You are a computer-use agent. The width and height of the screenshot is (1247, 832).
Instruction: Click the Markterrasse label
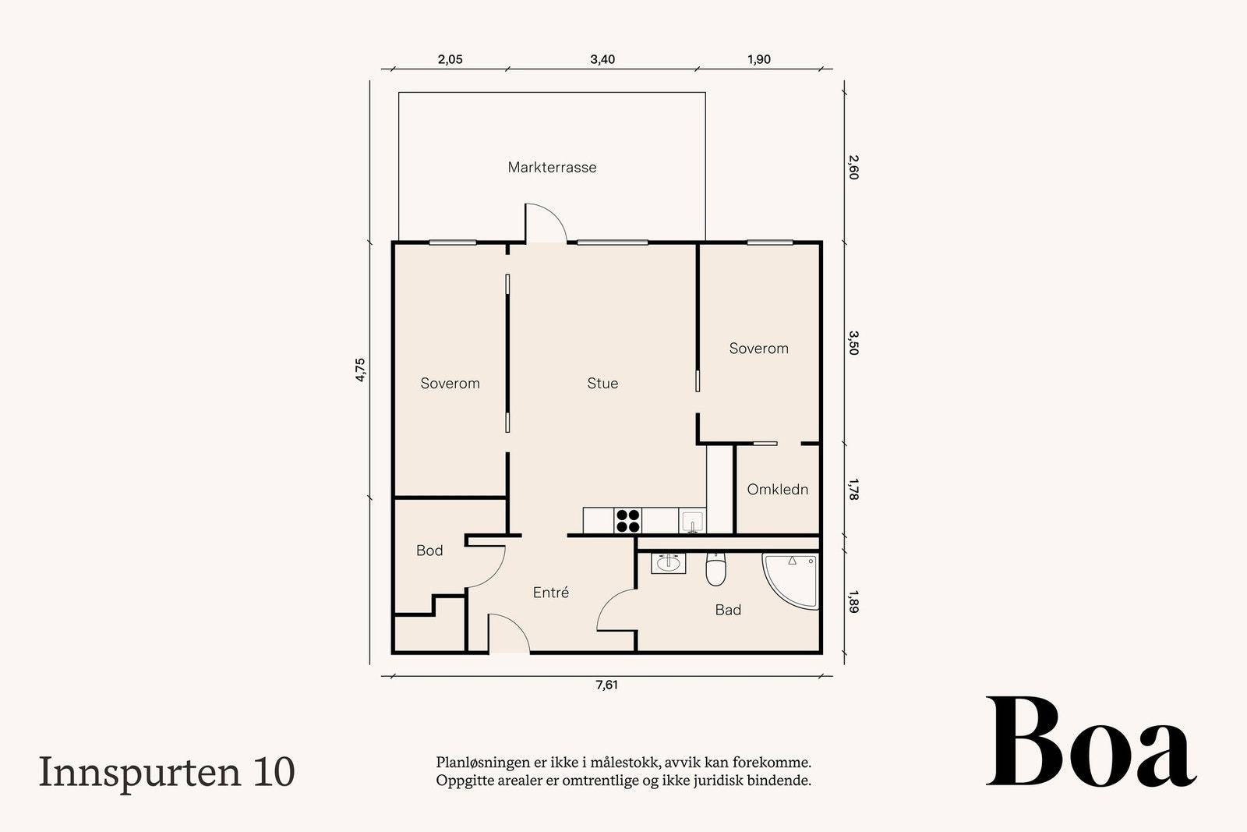click(x=552, y=167)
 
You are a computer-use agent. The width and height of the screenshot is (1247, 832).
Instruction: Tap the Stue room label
click(x=602, y=383)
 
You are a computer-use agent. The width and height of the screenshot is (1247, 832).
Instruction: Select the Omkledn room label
click(x=777, y=490)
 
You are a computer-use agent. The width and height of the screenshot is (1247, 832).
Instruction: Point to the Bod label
click(x=429, y=551)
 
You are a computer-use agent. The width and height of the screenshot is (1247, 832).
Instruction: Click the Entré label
click(x=550, y=593)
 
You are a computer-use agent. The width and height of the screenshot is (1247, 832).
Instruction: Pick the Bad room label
click(x=728, y=611)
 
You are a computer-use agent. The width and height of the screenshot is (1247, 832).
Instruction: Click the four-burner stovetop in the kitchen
click(x=628, y=521)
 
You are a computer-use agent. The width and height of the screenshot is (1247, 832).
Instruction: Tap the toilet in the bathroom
click(x=715, y=568)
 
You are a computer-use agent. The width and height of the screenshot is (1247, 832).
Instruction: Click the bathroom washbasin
click(x=668, y=563)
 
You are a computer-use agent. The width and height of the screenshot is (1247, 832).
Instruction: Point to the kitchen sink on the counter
click(x=692, y=521)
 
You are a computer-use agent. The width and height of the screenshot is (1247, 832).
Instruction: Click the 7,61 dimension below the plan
click(x=607, y=685)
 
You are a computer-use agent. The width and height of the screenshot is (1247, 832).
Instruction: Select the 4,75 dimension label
click(x=360, y=370)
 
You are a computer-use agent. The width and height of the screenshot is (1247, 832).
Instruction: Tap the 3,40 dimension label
click(x=602, y=59)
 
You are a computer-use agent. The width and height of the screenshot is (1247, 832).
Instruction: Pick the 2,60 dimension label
click(x=853, y=167)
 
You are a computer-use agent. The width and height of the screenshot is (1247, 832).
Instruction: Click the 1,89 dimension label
click(x=853, y=601)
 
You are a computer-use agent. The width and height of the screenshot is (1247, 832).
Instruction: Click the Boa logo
click(x=1091, y=742)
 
